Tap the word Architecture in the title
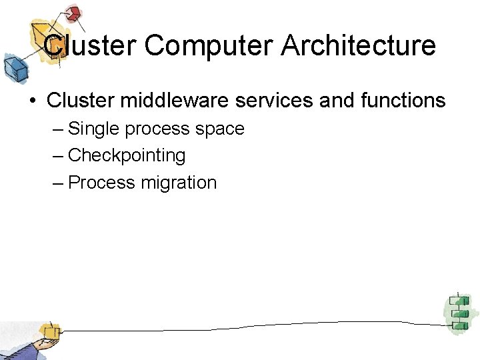tap(359, 45)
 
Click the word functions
tap(402, 101)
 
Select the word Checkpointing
tap(127, 156)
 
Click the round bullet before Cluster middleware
tap(31, 101)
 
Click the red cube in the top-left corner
tap(73, 13)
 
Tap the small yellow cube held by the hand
tap(48, 331)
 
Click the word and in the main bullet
tap(336, 101)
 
